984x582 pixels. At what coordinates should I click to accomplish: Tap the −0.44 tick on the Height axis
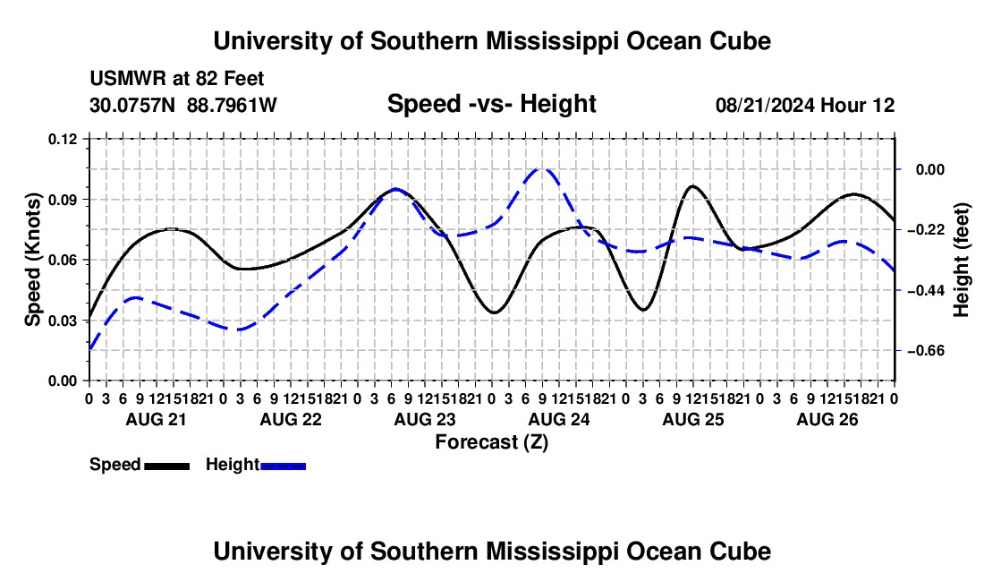tap(926, 290)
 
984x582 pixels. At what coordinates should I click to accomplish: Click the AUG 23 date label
tap(425, 419)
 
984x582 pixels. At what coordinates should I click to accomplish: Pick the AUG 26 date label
tap(827, 419)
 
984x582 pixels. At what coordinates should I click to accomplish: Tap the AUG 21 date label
tap(157, 419)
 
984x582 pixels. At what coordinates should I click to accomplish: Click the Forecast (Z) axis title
tap(491, 442)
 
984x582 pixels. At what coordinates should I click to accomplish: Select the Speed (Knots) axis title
tap(32, 260)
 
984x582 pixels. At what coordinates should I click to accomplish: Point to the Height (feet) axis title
tap(961, 260)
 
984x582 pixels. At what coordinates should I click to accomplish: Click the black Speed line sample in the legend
tap(167, 466)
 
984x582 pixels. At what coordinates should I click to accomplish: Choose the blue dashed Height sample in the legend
tap(283, 466)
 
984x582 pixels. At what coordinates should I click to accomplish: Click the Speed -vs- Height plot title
tap(491, 104)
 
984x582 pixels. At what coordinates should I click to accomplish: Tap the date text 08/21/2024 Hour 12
tap(805, 105)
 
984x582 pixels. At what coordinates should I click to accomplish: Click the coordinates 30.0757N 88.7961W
tap(183, 105)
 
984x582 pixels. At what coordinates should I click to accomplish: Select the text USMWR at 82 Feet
tap(177, 79)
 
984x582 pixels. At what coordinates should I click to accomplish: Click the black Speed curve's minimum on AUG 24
tap(495, 312)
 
